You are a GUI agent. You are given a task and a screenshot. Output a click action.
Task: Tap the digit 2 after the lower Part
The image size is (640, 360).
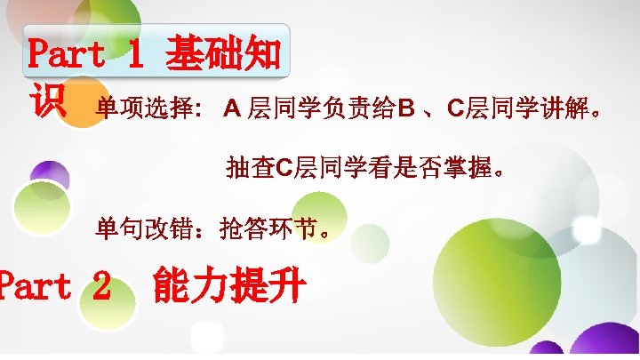coord(101,286)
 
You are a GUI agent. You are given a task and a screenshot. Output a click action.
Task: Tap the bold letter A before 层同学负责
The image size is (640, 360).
coord(232,110)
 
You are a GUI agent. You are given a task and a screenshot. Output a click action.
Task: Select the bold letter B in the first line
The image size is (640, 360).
coord(406,110)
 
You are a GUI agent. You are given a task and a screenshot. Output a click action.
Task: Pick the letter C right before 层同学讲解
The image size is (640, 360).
coord(453,110)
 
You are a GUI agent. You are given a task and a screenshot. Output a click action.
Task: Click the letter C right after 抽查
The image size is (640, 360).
coord(285,166)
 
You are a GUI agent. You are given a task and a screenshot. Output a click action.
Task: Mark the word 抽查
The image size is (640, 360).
coord(252,166)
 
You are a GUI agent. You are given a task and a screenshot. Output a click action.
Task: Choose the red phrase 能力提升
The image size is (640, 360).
coord(229,286)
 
